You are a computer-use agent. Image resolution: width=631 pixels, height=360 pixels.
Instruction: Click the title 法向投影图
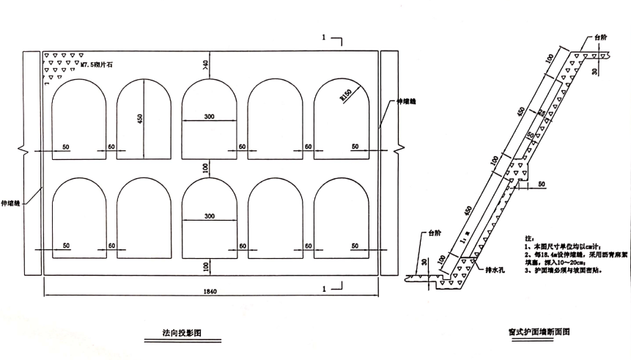coord(181,333)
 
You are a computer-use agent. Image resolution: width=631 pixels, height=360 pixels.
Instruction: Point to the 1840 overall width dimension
coord(210,290)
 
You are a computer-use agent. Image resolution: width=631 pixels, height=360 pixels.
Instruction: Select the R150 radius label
coord(341,95)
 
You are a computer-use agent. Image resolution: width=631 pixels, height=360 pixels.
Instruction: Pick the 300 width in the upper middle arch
coord(210,116)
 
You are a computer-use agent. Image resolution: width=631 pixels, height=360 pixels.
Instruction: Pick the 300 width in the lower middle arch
coord(210,216)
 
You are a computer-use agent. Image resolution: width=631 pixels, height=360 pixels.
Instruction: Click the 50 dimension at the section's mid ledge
coord(542,183)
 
